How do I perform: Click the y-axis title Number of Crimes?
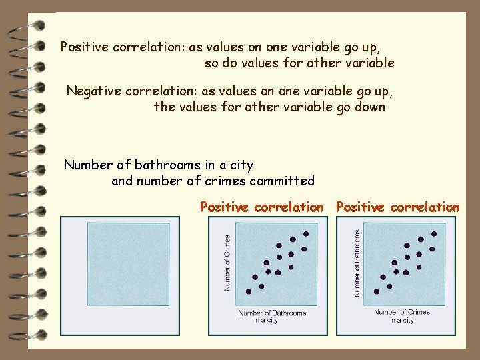click(x=227, y=263)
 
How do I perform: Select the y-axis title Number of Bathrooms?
click(x=357, y=263)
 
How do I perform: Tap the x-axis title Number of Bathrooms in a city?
click(x=272, y=316)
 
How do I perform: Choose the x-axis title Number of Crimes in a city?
click(x=401, y=316)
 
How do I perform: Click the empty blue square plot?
click(x=128, y=264)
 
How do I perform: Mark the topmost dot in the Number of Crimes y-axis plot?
click(x=306, y=234)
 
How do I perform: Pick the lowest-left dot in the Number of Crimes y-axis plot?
click(x=249, y=291)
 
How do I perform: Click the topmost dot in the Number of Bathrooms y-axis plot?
click(x=434, y=234)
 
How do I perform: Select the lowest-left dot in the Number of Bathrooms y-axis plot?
click(x=377, y=291)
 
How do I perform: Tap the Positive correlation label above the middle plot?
click(x=261, y=207)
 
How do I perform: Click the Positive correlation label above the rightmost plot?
click(x=397, y=207)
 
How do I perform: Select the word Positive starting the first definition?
click(x=85, y=47)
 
